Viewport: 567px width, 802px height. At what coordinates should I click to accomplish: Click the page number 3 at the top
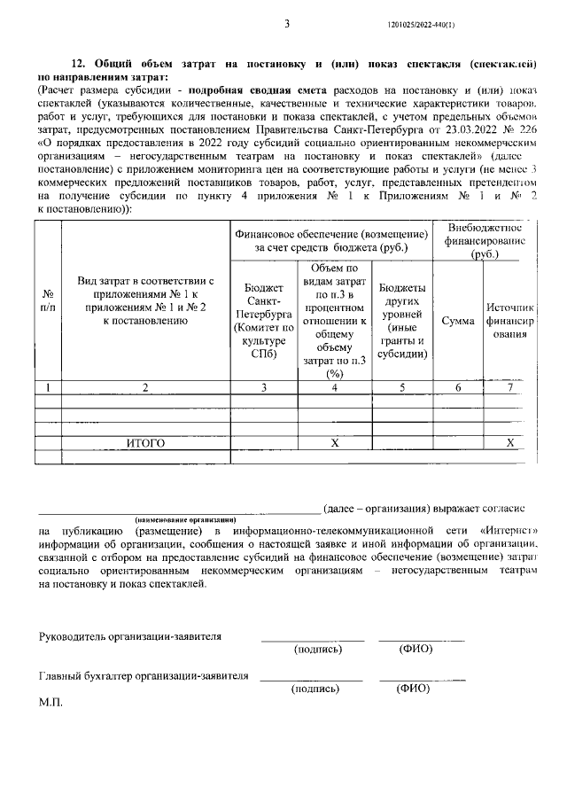pos(287,24)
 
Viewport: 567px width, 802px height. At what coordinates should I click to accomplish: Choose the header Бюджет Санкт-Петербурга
pos(264,320)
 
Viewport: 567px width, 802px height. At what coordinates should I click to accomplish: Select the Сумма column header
pos(457,320)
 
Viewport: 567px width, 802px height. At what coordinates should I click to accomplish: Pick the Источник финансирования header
pos(509,320)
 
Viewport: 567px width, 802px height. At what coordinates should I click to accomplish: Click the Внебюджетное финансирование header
pos(484,240)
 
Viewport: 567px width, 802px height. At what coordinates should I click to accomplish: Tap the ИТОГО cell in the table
pos(145,441)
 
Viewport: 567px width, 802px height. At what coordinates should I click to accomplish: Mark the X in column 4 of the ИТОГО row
pos(335,441)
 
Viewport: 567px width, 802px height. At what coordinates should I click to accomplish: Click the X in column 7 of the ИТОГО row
pos(509,441)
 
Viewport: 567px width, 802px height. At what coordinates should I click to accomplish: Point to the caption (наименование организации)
pos(185,518)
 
